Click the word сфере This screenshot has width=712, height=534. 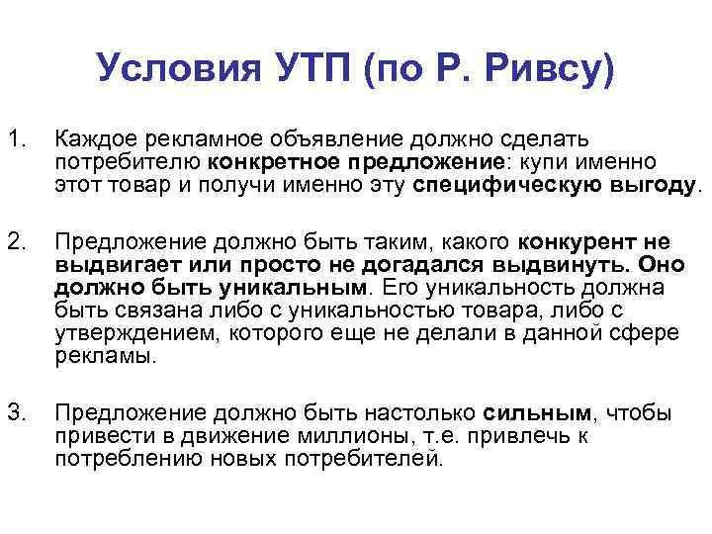click(x=645, y=333)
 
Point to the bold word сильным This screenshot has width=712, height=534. click(x=537, y=413)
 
